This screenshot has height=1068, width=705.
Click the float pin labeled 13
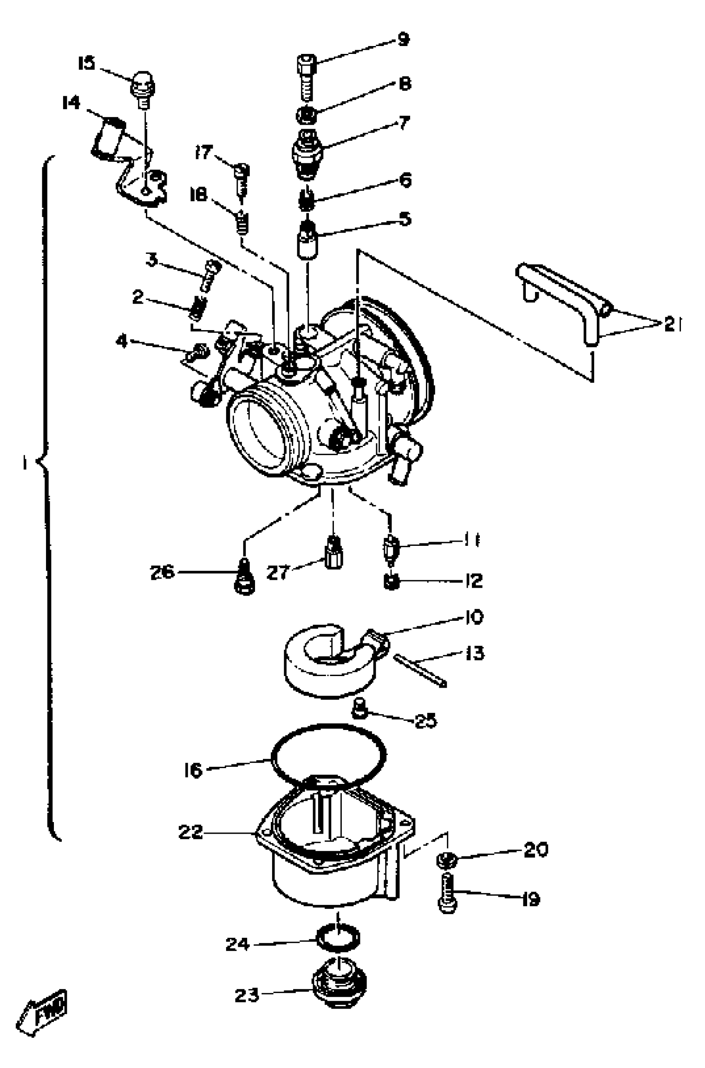(x=421, y=671)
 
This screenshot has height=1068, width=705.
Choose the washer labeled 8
(x=307, y=116)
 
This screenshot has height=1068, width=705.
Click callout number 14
(x=71, y=103)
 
